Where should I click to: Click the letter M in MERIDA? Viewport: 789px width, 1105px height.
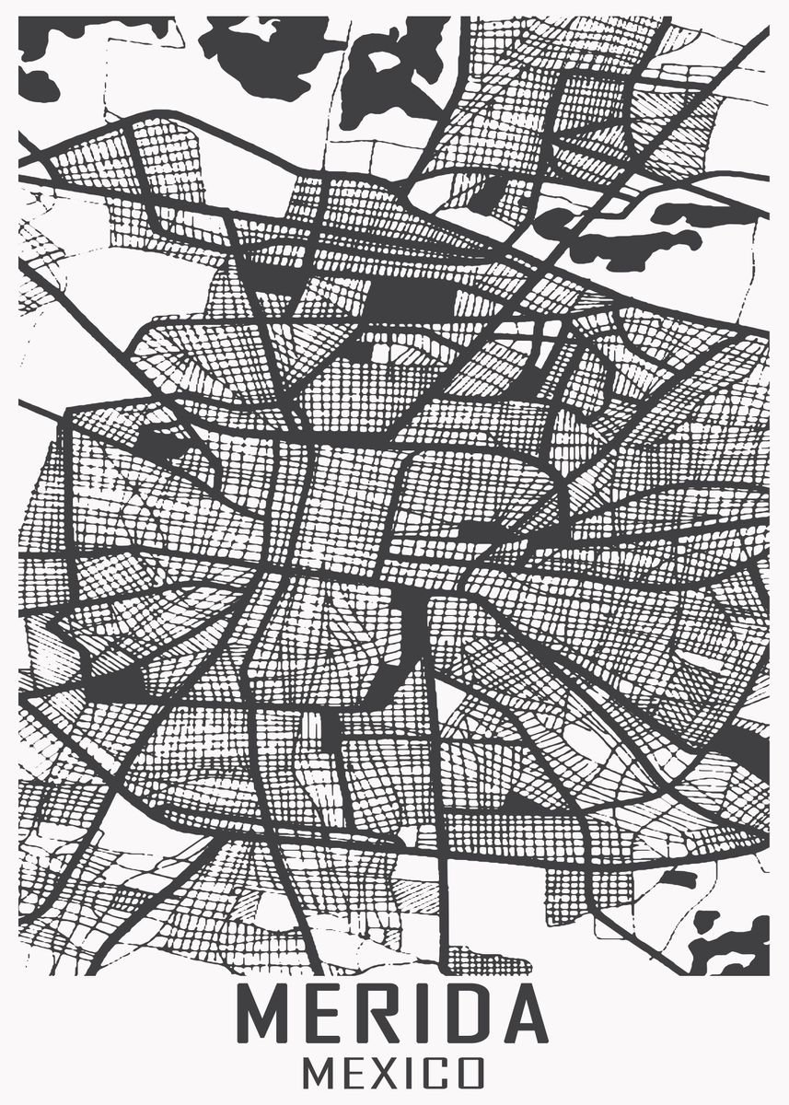click(x=267, y=1015)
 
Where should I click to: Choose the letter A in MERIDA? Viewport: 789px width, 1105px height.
click(x=521, y=1015)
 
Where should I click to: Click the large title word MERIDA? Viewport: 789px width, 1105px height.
click(x=394, y=1015)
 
